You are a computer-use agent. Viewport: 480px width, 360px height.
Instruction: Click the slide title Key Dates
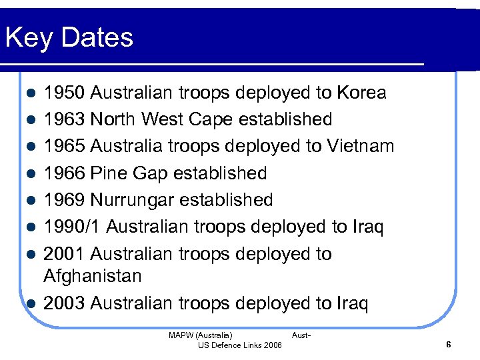click(69, 38)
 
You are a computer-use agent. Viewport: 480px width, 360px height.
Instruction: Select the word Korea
click(361, 93)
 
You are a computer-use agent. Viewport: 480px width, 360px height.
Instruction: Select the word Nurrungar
click(134, 200)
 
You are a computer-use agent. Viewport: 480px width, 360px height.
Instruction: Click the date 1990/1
click(72, 227)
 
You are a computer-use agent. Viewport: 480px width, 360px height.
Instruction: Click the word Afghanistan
click(93, 276)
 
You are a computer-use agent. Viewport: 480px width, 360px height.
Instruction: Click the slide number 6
click(448, 345)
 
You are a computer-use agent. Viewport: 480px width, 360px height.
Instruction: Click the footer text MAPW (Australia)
click(201, 335)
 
